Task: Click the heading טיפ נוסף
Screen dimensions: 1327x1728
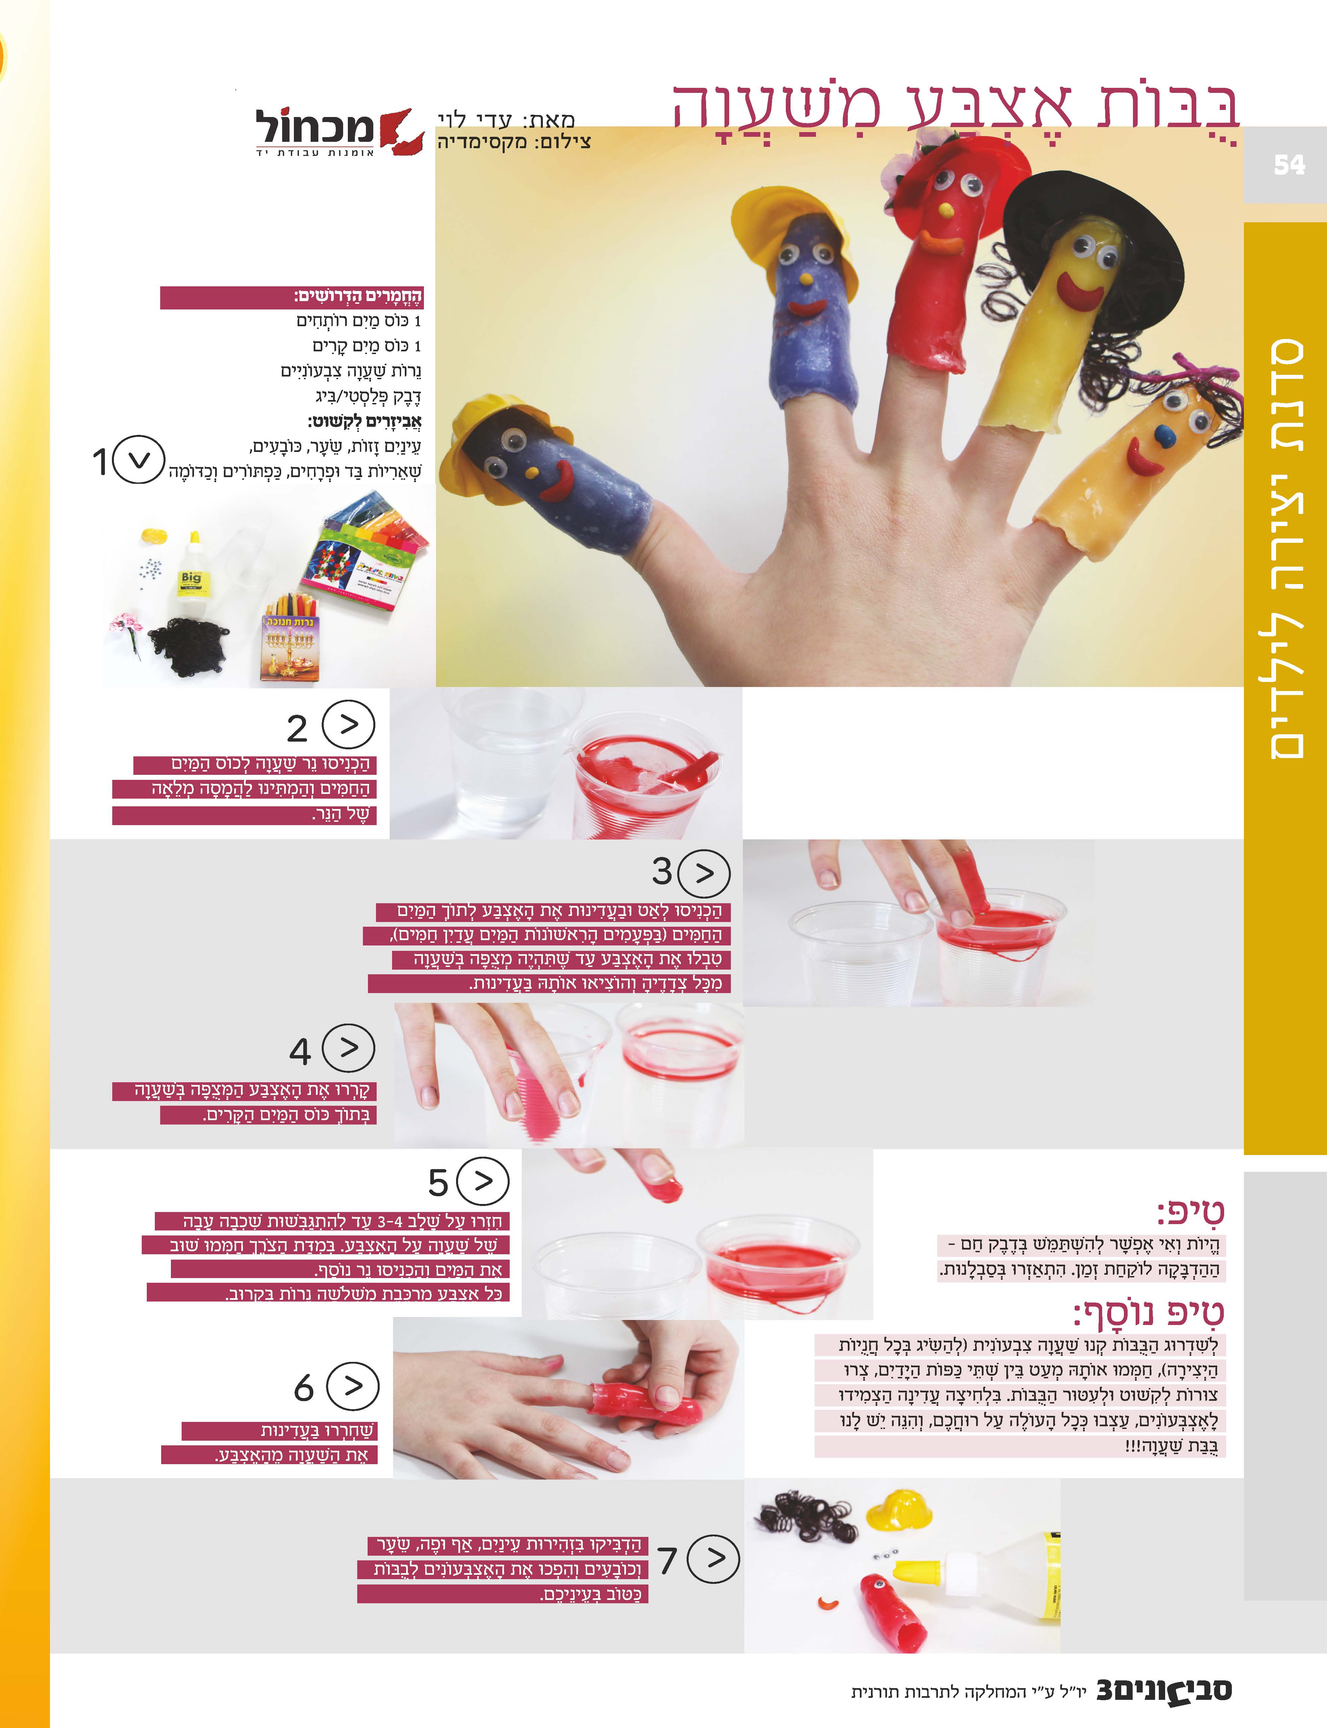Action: click(x=1148, y=1313)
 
